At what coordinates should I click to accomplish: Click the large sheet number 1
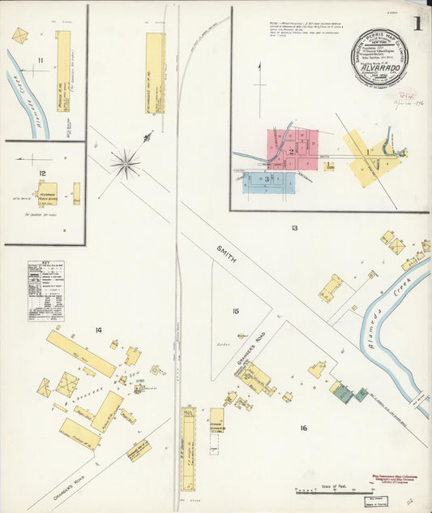coord(417,24)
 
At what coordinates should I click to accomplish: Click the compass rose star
coord(125,163)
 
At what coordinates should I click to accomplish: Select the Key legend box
coord(46,291)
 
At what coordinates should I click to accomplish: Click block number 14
coord(99,330)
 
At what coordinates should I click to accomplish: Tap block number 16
coord(303,428)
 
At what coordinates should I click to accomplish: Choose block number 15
coord(235,311)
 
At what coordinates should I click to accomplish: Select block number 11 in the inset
coord(40,61)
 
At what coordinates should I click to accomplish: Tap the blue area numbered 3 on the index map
coord(264,179)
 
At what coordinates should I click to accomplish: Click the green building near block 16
coord(344,394)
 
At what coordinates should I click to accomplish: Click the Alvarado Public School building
coord(48,193)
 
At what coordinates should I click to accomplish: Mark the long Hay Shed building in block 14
coord(80,352)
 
